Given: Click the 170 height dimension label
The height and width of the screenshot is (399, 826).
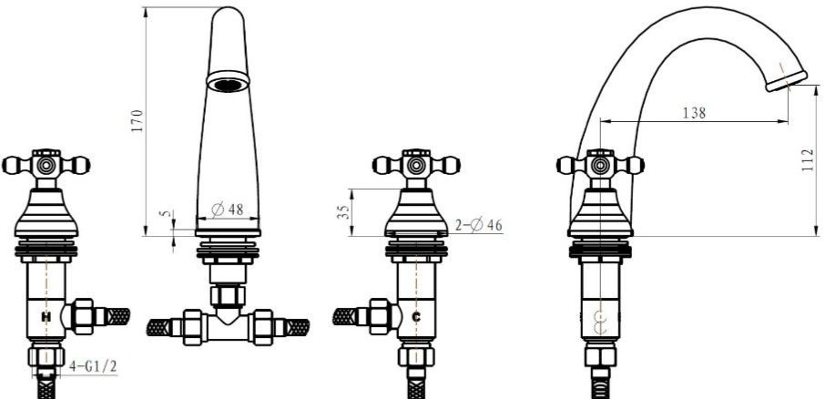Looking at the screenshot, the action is pyautogui.click(x=137, y=120).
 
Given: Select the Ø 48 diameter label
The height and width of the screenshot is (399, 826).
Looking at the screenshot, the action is pyautogui.click(x=228, y=210).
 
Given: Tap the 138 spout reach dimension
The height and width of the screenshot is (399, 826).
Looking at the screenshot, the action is pyautogui.click(x=694, y=113).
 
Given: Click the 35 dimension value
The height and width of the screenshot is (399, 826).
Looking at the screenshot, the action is pyautogui.click(x=343, y=212).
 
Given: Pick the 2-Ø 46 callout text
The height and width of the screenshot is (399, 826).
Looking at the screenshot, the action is pyautogui.click(x=479, y=226).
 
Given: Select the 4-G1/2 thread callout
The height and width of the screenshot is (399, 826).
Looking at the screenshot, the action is pyautogui.click(x=93, y=366).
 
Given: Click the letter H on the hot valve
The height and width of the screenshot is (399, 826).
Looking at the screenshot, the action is pyautogui.click(x=46, y=317).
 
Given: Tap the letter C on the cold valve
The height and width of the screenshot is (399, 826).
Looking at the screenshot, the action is pyautogui.click(x=416, y=317).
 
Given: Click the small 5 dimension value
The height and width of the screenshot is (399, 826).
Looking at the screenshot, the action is pyautogui.click(x=167, y=213).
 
